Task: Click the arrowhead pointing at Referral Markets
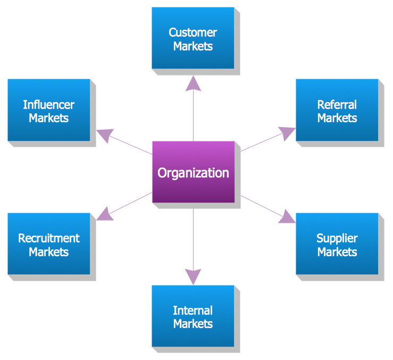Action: coord(288,133)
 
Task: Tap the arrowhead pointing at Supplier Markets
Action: coord(287,216)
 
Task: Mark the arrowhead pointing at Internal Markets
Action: coord(193,276)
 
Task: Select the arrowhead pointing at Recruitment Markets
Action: coord(105,214)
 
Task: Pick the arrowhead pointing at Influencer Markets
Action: coord(105,135)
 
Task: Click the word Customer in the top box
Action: coord(193,32)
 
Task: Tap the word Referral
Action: coord(337,105)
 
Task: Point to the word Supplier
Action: coord(337,238)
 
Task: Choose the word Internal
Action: coord(193,311)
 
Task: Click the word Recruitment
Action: coord(48,238)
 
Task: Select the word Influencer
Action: coord(48,105)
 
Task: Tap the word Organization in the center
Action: coord(193,173)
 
